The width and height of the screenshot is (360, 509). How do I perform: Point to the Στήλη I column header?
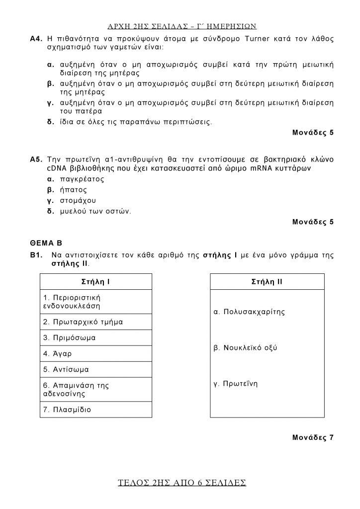(95, 282)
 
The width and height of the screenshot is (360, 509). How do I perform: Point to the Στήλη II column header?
(268, 282)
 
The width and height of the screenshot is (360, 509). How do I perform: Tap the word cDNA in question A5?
(56, 169)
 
